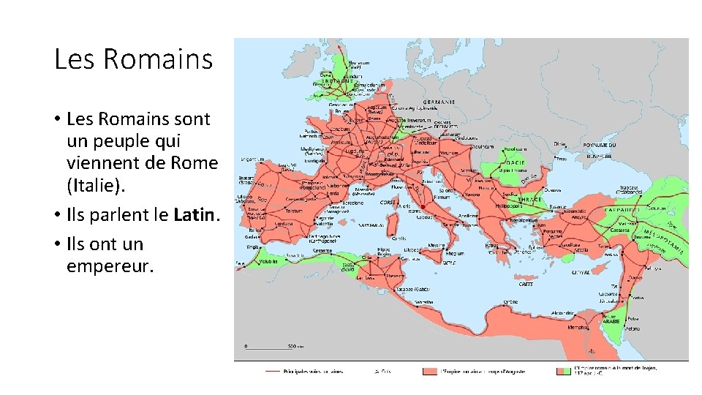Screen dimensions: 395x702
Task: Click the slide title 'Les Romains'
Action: [x=133, y=59]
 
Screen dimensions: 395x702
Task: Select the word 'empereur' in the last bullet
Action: [x=110, y=266]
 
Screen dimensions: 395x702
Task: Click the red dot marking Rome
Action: [x=423, y=207]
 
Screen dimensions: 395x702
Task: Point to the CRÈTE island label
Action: [x=525, y=285]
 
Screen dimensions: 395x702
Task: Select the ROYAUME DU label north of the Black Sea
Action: [x=599, y=146]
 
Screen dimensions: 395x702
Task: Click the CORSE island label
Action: [x=388, y=202]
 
